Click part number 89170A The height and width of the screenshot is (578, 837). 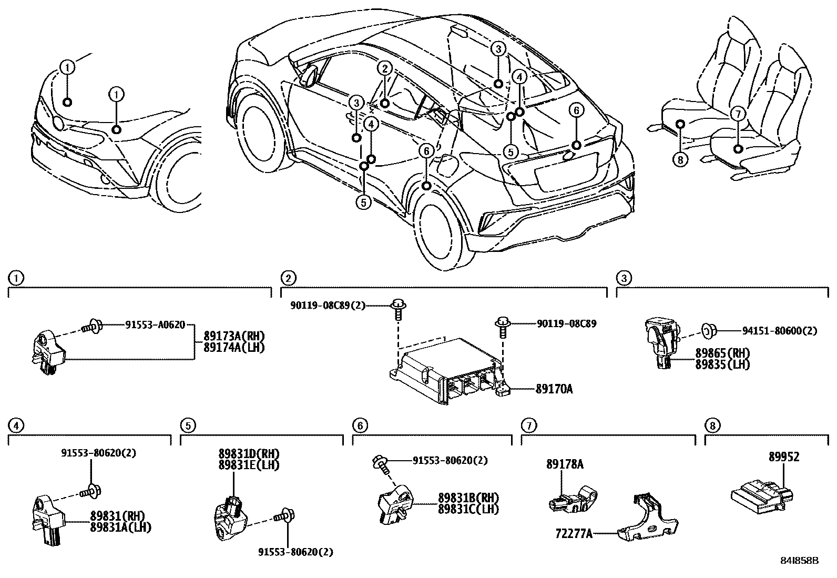(554, 389)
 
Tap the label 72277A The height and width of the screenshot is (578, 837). (574, 534)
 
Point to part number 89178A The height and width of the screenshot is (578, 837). (565, 464)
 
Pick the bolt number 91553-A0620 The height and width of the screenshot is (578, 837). (155, 325)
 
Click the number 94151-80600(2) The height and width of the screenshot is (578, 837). (780, 331)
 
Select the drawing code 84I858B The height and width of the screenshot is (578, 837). (800, 561)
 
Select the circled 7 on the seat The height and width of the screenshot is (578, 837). (738, 113)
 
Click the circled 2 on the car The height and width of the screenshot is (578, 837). (385, 68)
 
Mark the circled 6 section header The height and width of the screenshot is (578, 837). (359, 425)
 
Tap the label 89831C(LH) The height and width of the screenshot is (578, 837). (468, 509)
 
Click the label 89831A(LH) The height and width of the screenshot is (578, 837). (120, 526)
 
